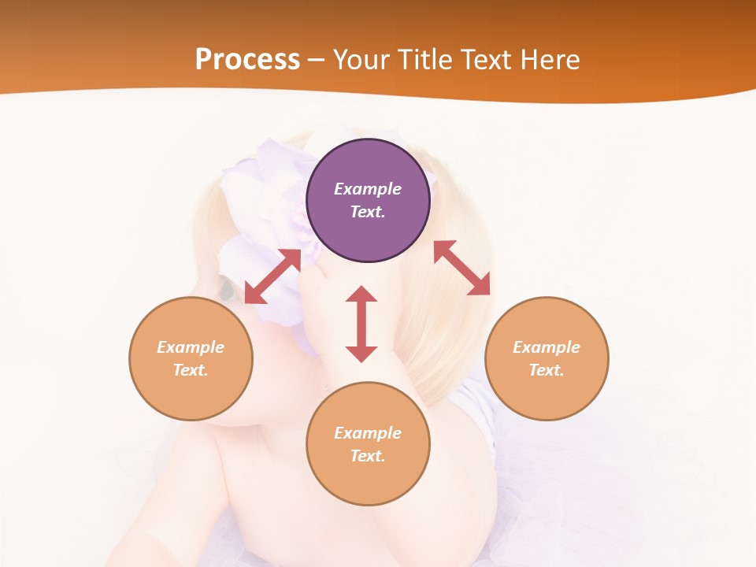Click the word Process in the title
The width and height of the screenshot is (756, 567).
[x=247, y=60]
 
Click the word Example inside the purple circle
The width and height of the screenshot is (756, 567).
[x=368, y=189]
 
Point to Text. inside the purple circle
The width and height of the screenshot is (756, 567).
[x=368, y=212]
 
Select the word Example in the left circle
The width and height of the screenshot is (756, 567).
[x=191, y=347]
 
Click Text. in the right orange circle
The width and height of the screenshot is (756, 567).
[x=547, y=370]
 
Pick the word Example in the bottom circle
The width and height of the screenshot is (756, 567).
[x=368, y=433]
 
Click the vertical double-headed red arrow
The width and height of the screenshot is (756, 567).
[x=361, y=324]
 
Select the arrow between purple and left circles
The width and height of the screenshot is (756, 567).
[x=272, y=276]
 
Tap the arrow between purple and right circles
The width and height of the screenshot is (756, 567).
[x=461, y=268]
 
